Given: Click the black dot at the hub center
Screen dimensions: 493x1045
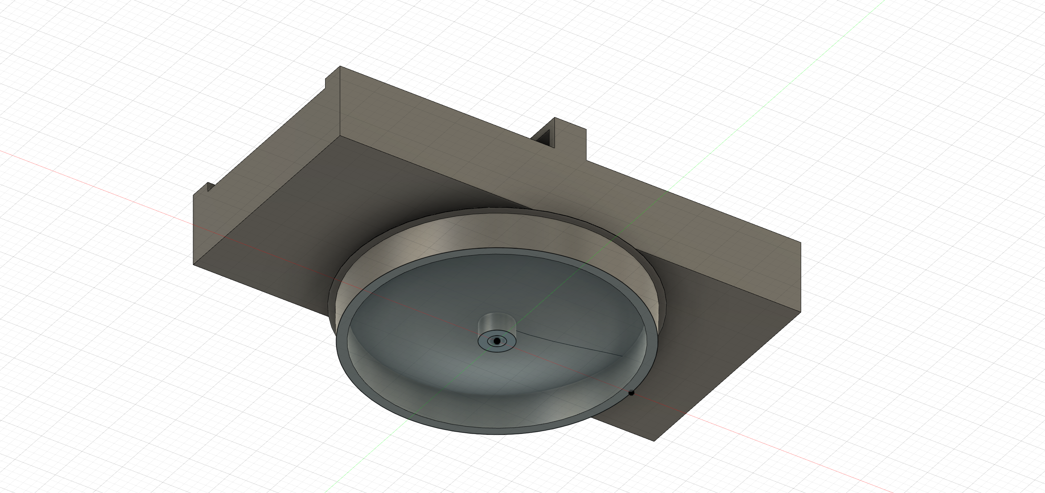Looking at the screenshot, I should pos(496,341).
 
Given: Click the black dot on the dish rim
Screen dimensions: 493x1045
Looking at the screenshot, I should pos(631,393).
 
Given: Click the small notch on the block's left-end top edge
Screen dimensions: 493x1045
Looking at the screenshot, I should pos(210,187).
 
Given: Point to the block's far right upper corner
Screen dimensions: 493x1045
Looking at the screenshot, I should pos(800,243).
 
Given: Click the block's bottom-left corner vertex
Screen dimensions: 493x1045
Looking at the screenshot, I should pos(193,265).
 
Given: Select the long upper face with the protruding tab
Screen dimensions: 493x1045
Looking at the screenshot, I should pos(527,170).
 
